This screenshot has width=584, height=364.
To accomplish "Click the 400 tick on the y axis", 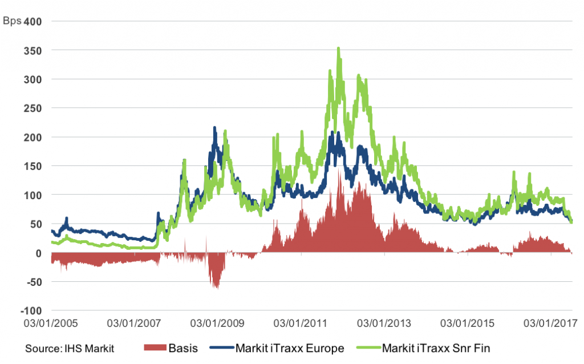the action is coord(33,22).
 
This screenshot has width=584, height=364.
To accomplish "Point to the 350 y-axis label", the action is coord(33,51).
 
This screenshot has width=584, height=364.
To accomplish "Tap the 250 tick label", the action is coord(33,108).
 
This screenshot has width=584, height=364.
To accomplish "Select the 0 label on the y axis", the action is coord(38,253).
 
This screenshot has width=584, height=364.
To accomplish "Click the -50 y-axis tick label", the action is coord(34,282).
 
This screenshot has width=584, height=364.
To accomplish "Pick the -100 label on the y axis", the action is coord(31,311).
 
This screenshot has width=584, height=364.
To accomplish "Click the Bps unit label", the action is coord(12,21).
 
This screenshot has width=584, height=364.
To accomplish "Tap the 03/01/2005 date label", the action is coord(51,323).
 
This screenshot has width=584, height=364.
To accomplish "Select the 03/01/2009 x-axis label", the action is coord(217,323).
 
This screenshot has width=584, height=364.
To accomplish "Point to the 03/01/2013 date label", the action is coord(384,323).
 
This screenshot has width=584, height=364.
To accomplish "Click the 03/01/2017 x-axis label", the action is coord(550,323).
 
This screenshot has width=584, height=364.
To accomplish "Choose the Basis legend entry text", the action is coord(183,348).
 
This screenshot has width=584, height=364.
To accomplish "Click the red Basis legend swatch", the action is coord(155,347).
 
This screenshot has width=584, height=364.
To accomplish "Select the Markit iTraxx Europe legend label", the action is coord(290,349).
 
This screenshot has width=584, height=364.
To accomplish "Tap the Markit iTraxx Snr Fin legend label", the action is coord(436,349).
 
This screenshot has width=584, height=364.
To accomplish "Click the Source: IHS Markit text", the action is coord(70,349).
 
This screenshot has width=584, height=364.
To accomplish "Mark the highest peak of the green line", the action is coord(339,48).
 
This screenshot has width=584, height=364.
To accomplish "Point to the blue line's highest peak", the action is coord(214,127).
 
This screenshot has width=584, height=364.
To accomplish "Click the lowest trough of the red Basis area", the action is coord(217,288).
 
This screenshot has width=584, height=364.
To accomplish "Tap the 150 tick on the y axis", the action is coord(33,166).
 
